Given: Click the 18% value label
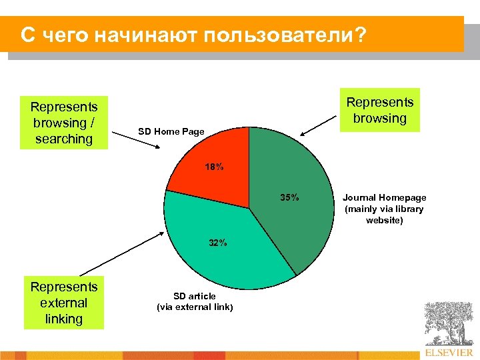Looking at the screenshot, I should [214, 167].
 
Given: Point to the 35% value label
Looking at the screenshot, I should [289, 197].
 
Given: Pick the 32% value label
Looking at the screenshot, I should [217, 243].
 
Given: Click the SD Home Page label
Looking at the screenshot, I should [171, 131].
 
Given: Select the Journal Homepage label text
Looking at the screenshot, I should [384, 209].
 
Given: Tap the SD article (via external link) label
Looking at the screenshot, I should [195, 301].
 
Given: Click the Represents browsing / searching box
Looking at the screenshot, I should [64, 123].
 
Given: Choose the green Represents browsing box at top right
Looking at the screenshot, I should [380, 110].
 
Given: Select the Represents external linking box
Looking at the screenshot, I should [64, 303].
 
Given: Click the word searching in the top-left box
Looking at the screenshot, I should [64, 139].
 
